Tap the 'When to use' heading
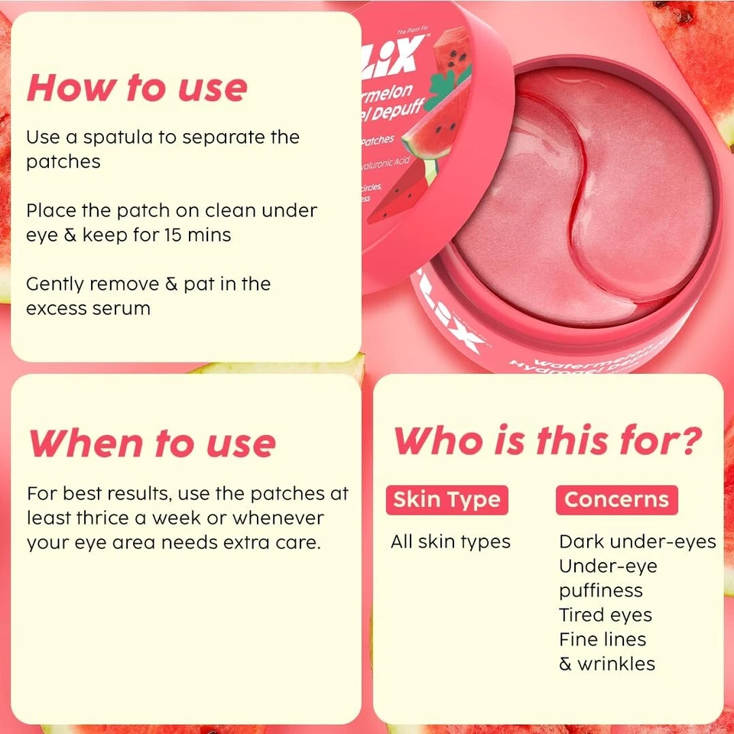[151, 443]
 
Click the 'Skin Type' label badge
[447, 500]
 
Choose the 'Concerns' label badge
[616, 500]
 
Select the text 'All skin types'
[450, 542]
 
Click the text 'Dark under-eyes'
[637, 542]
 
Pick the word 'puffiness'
[600, 591]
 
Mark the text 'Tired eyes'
[605, 615]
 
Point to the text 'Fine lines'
[602, 640]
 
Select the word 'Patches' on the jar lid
[377, 140]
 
